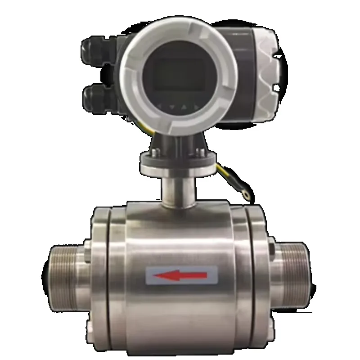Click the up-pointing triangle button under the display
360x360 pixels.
[184, 107]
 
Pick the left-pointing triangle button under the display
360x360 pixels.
[160, 106]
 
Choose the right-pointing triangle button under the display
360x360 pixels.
[195, 106]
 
